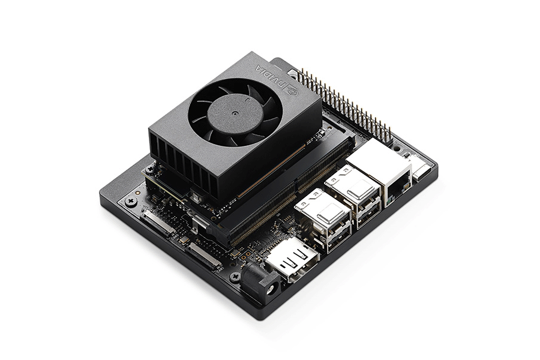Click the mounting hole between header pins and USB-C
pyautogui.click(x=397, y=146)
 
